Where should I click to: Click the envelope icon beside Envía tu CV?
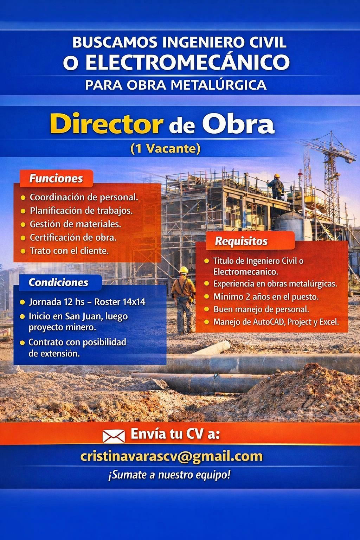click(114, 436)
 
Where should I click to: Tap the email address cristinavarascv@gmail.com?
click(172, 456)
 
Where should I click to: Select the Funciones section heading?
click(56, 178)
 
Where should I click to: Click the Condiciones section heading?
click(58, 282)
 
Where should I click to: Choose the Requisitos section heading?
click(241, 241)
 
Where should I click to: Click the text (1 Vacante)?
click(165, 149)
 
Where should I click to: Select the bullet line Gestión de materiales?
click(75, 224)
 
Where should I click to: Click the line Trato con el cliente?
click(69, 251)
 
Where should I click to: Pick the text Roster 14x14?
click(120, 302)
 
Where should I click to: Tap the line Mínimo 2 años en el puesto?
click(266, 297)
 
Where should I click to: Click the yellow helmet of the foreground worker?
click(184, 270)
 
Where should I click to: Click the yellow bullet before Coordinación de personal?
click(23, 198)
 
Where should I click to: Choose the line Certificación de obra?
click(73, 237)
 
